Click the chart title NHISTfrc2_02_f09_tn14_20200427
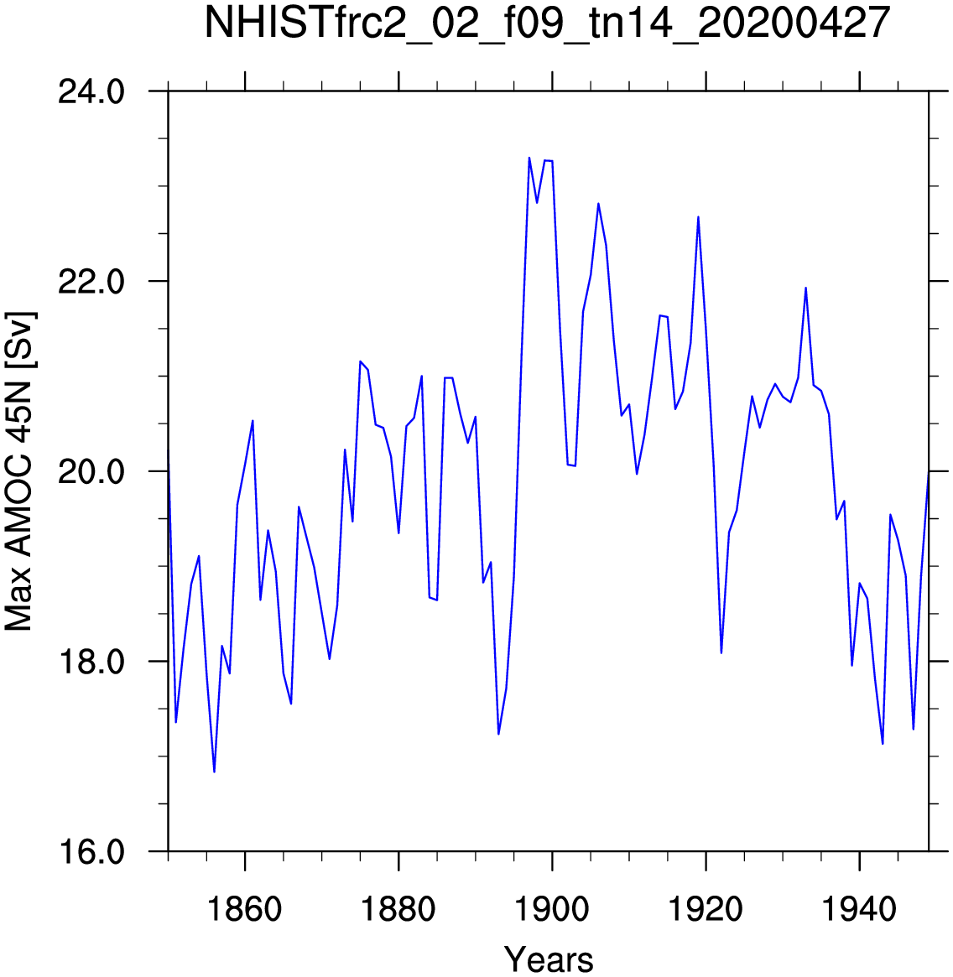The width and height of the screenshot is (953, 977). point(547,23)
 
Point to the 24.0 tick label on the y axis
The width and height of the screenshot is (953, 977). point(91,92)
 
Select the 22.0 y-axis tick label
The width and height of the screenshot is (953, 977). point(91,282)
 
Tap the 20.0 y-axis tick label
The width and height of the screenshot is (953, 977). point(91,471)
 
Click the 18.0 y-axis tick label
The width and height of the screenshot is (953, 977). point(91,662)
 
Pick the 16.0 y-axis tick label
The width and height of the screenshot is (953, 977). point(91,852)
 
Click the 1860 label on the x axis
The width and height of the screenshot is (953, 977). point(244,909)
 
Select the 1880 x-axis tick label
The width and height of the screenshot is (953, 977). point(398,909)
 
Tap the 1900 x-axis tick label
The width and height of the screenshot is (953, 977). point(552,909)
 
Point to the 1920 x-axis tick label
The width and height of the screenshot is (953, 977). point(706,909)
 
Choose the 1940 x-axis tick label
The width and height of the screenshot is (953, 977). point(860,909)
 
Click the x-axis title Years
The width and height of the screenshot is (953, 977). point(549,959)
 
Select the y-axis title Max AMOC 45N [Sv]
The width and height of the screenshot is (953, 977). point(20,471)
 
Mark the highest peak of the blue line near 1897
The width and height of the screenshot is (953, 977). point(529,158)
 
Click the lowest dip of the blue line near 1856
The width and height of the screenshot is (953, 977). point(215,772)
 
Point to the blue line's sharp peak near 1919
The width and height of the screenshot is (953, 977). point(698,217)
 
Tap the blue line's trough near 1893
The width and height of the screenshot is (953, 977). point(498,734)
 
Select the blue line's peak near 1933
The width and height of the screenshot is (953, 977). point(806,288)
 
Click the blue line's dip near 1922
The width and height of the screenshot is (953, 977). point(721,653)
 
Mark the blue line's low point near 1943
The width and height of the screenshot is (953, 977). point(883,744)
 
